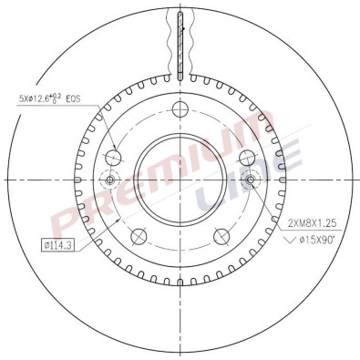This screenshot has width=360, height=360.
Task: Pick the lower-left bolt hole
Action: (139, 237)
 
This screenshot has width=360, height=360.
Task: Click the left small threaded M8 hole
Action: (111, 180)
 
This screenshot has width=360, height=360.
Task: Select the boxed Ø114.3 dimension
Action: (59, 244)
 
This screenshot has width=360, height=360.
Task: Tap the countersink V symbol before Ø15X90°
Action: (290, 241)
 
